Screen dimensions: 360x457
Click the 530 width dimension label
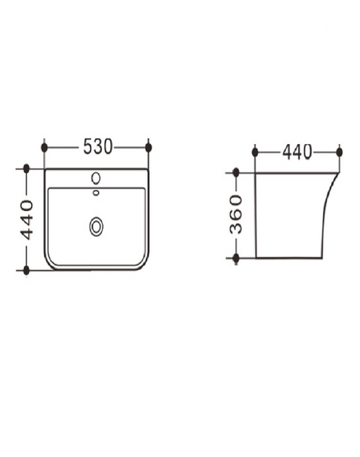point(97,146)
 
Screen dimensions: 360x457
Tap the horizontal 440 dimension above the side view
point(297,152)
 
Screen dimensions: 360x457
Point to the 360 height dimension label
point(236,215)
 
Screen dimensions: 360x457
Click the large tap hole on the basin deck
point(96,178)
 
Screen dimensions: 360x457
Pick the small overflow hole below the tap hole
point(96,193)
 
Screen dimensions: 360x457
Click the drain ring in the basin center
point(96,226)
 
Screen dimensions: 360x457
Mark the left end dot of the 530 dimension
point(44,148)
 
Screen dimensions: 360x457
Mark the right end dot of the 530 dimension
point(148,148)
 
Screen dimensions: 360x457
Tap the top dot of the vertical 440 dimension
point(27,168)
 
